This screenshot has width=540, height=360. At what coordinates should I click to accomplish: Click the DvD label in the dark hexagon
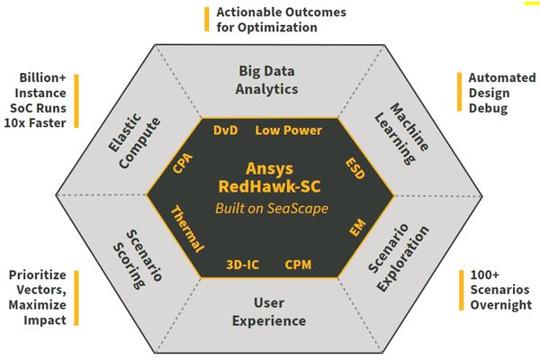[x=226, y=130]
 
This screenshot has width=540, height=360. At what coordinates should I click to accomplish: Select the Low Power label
[x=289, y=130]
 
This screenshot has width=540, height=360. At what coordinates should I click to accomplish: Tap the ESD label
[x=355, y=168]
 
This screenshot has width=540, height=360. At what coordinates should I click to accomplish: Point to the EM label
[x=357, y=228]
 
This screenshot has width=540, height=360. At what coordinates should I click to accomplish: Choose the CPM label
[x=298, y=265]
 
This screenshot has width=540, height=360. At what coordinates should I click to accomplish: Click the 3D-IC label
[x=242, y=265]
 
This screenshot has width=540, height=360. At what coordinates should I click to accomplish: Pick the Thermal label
[x=188, y=229]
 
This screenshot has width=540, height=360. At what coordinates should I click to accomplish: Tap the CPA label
[x=183, y=163]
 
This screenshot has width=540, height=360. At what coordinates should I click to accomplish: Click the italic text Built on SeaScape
[x=272, y=209]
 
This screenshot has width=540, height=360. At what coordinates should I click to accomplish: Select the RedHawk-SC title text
[x=270, y=186]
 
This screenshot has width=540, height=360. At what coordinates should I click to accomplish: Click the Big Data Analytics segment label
[x=267, y=80]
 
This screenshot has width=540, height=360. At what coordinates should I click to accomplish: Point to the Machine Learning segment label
[x=401, y=134]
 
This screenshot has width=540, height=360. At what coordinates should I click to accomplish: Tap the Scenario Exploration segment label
[x=399, y=257]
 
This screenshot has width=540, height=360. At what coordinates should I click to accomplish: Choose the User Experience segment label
[x=269, y=311]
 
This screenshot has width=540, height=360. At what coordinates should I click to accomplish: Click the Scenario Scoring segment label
[x=138, y=259]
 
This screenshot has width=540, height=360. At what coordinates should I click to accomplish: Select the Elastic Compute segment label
[x=134, y=140]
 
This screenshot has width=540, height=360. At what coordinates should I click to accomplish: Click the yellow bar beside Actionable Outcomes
[x=207, y=19]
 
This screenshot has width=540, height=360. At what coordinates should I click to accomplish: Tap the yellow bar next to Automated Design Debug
[x=459, y=92]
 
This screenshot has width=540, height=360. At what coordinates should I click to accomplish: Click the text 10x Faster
[x=35, y=123]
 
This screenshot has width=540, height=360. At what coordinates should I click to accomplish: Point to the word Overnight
[x=501, y=305]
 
